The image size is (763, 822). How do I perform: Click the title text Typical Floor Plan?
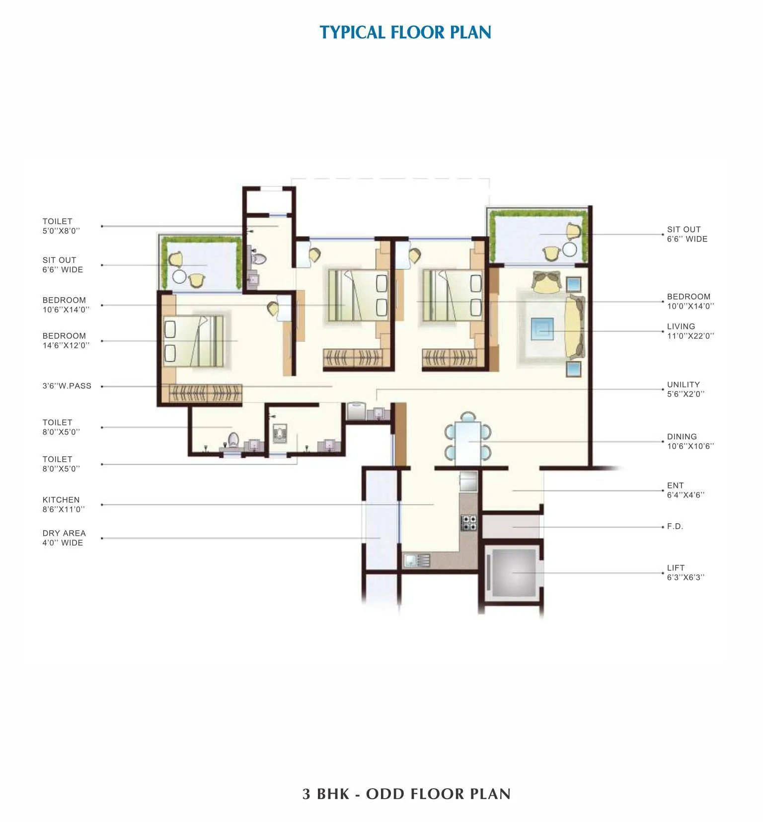point(405,32)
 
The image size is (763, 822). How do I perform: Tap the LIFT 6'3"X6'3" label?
point(686,573)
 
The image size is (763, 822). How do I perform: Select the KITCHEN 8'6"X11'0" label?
point(63,504)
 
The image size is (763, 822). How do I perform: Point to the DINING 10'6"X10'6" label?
point(690,441)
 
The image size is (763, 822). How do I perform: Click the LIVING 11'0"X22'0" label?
point(690,331)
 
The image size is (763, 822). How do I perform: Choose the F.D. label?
point(675,526)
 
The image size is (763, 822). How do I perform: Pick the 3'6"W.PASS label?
point(67,386)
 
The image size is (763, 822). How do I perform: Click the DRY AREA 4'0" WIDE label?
point(64,538)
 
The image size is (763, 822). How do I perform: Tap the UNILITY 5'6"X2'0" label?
point(686,389)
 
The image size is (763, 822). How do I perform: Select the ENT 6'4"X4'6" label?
point(686,490)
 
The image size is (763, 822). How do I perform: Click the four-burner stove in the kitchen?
point(469,523)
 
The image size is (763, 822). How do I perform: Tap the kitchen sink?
point(416,561)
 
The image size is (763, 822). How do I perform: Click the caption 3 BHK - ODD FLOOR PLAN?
point(406,794)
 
